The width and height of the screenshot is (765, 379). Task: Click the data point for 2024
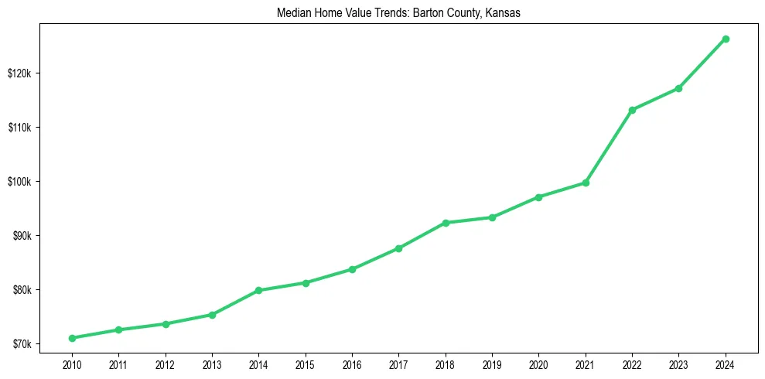(x=726, y=39)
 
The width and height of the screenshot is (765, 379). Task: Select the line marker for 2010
(x=72, y=338)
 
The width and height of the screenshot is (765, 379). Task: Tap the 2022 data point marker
(x=632, y=110)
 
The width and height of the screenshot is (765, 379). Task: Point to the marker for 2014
(x=258, y=291)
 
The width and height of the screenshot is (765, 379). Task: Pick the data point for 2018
(x=446, y=223)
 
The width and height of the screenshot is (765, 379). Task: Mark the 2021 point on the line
(x=586, y=183)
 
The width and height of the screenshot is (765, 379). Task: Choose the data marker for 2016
(x=352, y=269)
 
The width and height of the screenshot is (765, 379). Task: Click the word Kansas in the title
(x=504, y=13)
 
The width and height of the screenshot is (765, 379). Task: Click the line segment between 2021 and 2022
(x=609, y=146)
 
